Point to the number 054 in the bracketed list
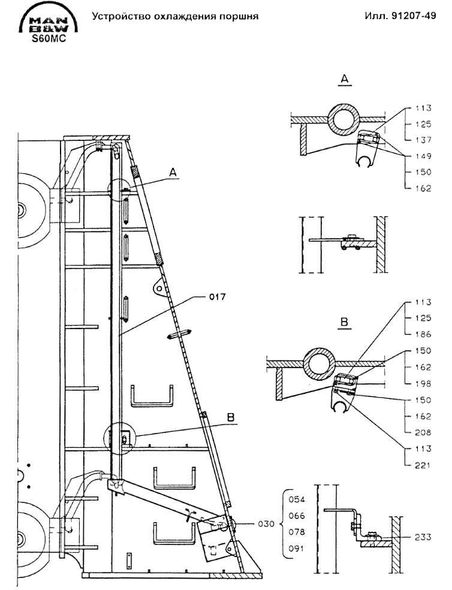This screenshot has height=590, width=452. (x=297, y=499)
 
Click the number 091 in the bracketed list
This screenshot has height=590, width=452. (x=297, y=547)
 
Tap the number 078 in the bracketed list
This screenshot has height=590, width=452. (x=297, y=531)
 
